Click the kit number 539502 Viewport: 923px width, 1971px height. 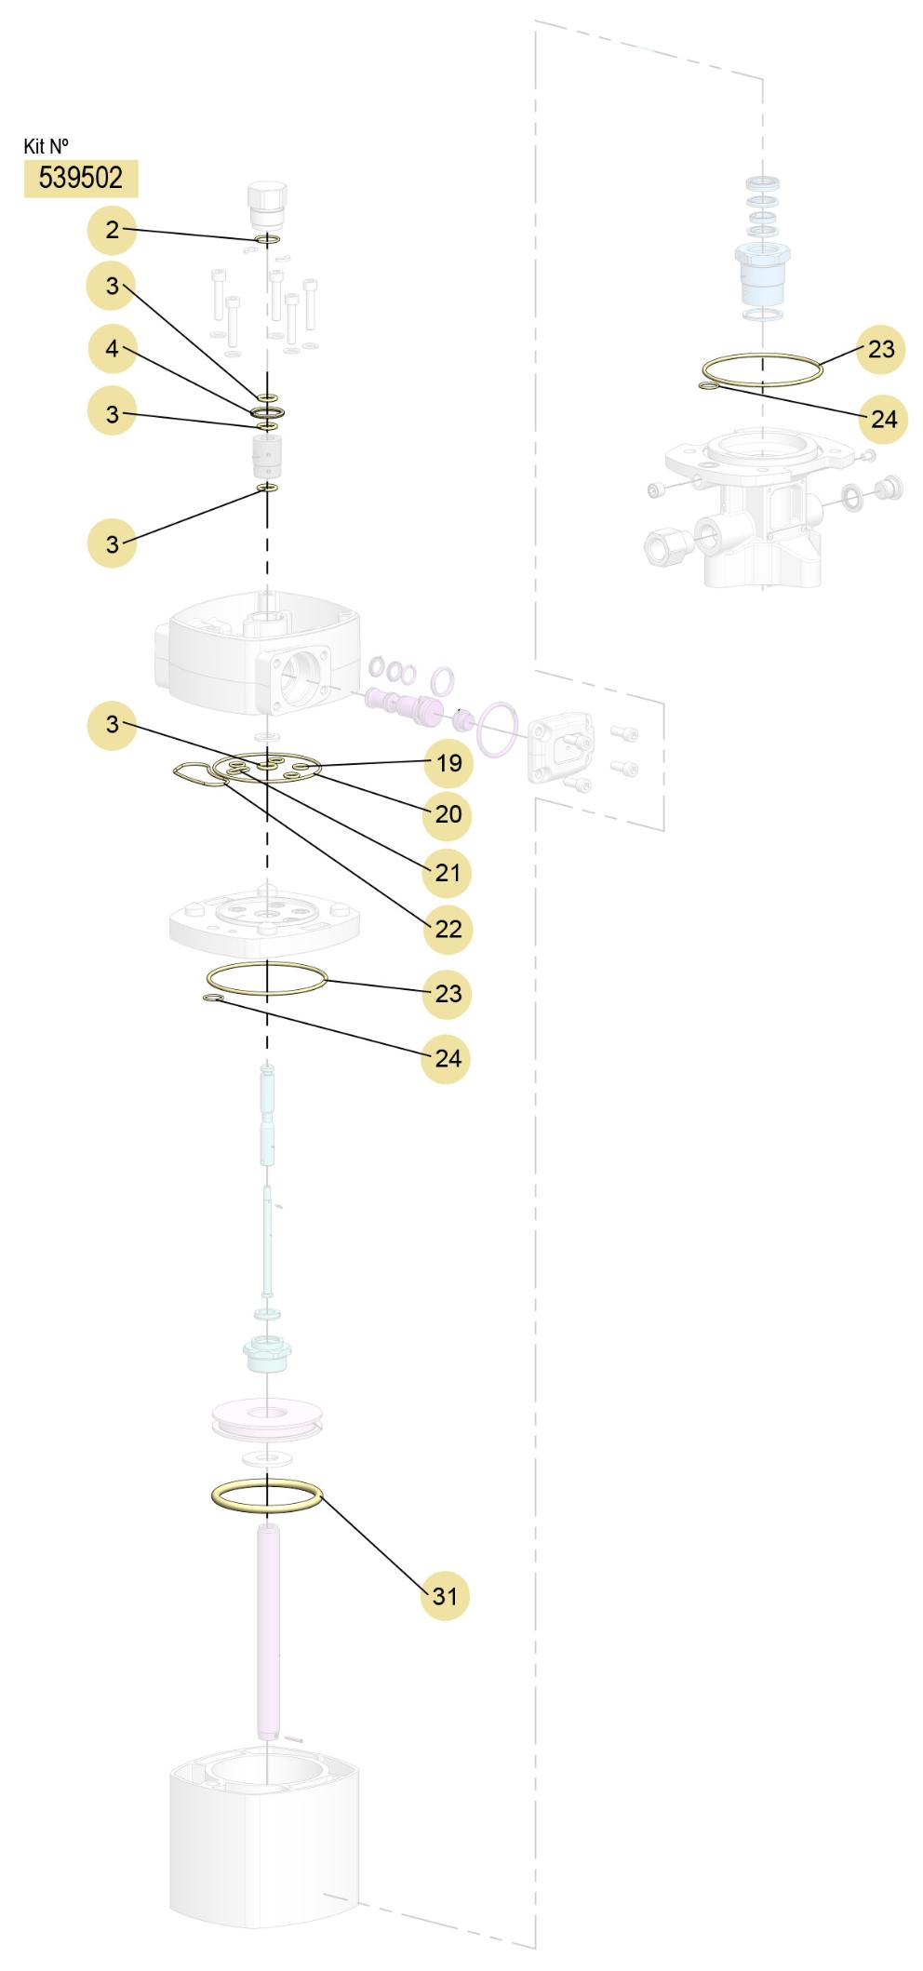pyautogui.click(x=81, y=178)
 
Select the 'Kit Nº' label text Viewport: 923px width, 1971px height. pyautogui.click(x=46, y=146)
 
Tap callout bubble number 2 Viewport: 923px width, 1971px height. pyautogui.click(x=112, y=230)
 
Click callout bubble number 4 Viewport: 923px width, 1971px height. pyautogui.click(x=113, y=350)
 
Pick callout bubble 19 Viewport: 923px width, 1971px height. pyautogui.click(x=448, y=763)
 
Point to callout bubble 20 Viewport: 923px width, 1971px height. pyautogui.click(x=448, y=814)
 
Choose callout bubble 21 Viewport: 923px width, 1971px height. pyautogui.click(x=448, y=873)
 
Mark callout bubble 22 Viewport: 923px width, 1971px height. pyautogui.click(x=448, y=929)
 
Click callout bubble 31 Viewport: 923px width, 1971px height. pyautogui.click(x=446, y=1596)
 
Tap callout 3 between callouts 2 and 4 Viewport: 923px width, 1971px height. pyautogui.click(x=112, y=286)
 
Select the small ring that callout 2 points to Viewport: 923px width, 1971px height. pyautogui.click(x=267, y=240)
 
